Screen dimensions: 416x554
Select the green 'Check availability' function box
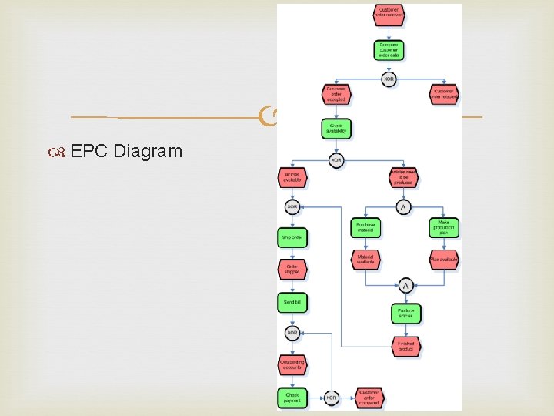336,128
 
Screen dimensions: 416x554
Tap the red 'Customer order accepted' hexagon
336,93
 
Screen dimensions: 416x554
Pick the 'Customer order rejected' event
445,93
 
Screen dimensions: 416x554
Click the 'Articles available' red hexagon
292,178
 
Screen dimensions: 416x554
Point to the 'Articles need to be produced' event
403,178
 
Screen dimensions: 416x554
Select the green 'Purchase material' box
366,227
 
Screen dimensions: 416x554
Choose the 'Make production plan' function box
444,227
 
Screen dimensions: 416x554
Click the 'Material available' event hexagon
366,260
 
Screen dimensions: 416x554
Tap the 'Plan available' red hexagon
444,260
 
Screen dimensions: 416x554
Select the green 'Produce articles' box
405,313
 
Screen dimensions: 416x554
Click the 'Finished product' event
405,347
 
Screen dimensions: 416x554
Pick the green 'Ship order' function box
292,238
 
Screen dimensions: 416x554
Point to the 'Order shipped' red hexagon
292,270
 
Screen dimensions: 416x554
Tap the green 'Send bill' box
292,303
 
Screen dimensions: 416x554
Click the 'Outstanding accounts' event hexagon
292,364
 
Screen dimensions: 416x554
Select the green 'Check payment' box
292,398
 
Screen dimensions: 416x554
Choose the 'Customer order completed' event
369,398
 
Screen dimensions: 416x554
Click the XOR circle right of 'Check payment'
332,398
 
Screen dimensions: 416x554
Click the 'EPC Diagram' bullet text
126,150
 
